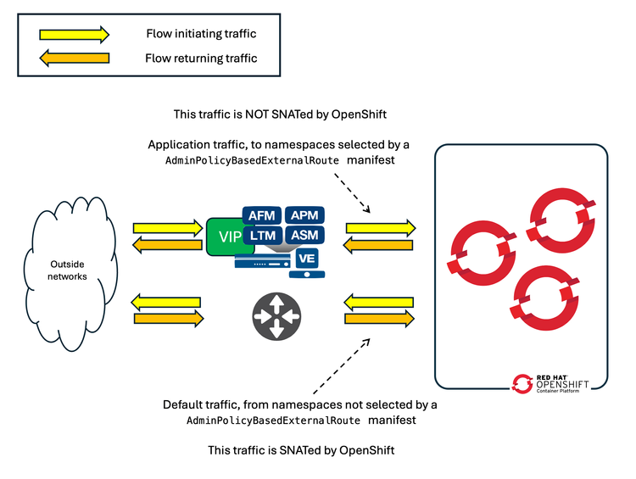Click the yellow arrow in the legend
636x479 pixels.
pyautogui.click(x=75, y=35)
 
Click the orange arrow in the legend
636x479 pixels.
pyautogui.click(x=75, y=58)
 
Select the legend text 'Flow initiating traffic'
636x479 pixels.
pyautogui.click(x=200, y=35)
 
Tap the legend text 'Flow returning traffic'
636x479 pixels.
pyautogui.click(x=201, y=58)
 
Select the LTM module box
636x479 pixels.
pyautogui.click(x=261, y=234)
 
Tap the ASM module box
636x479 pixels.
pyautogui.click(x=304, y=234)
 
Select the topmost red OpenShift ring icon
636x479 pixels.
pyautogui.click(x=558, y=218)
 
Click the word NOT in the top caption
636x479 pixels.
pyautogui.click(x=248, y=114)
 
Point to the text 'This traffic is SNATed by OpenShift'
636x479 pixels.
pyautogui.click(x=301, y=450)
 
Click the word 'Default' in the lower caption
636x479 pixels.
pyautogui.click(x=185, y=404)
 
